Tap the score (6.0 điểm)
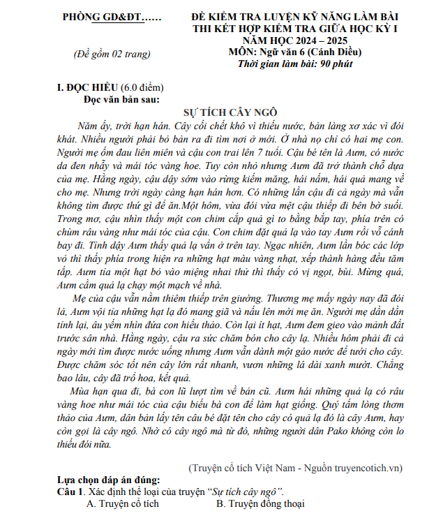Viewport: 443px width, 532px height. click(x=142, y=88)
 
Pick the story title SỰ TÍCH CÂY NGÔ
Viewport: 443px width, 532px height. click(x=230, y=112)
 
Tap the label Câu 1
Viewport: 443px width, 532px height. click(x=70, y=492)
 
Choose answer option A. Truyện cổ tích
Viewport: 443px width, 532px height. click(x=122, y=503)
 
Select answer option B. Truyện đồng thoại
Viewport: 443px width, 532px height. click(x=260, y=503)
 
